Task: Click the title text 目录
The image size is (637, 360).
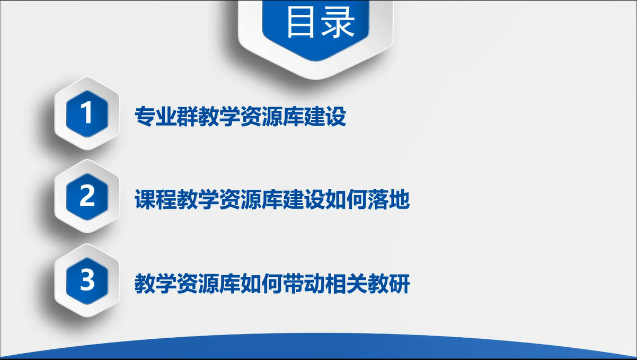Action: [x=321, y=22]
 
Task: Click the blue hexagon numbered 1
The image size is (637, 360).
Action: [x=87, y=114]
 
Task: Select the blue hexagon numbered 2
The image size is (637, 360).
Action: [x=87, y=197]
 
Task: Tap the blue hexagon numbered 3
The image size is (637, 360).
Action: [x=87, y=281]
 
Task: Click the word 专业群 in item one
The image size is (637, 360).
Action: [x=166, y=116]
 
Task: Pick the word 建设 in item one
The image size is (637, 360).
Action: [x=325, y=116]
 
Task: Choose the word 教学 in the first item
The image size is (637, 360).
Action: [x=219, y=116]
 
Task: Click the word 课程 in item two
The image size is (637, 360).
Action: [x=156, y=199]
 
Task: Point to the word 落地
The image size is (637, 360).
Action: [x=388, y=199]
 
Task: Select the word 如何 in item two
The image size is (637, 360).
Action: [x=346, y=199]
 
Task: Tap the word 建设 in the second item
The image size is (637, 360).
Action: [x=304, y=199]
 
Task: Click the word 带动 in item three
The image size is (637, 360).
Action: [x=304, y=284]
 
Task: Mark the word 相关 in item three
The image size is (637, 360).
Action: [x=346, y=284]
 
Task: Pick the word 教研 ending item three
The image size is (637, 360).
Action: [x=388, y=284]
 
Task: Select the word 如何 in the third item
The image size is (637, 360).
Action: [x=261, y=284]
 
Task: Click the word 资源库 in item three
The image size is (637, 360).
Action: [x=208, y=284]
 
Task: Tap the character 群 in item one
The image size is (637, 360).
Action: [x=187, y=116]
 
